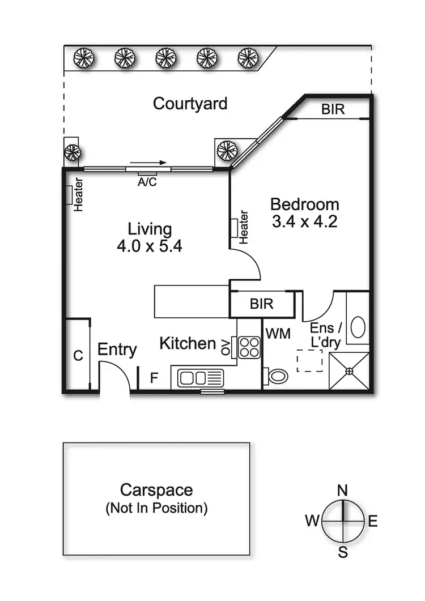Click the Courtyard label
tap(190, 104)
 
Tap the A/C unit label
tap(148, 182)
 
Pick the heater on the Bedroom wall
tap(233, 228)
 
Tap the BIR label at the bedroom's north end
tap(333, 109)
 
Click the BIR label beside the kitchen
tap(261, 305)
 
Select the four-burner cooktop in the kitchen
tap(249, 347)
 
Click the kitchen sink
tap(201, 377)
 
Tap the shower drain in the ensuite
tap(349, 371)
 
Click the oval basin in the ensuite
tap(358, 327)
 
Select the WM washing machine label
tap(278, 334)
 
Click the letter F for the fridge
tap(154, 378)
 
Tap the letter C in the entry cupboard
tap(78, 356)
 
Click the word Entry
tap(117, 349)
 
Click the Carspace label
tap(156, 490)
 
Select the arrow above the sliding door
tap(148, 162)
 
